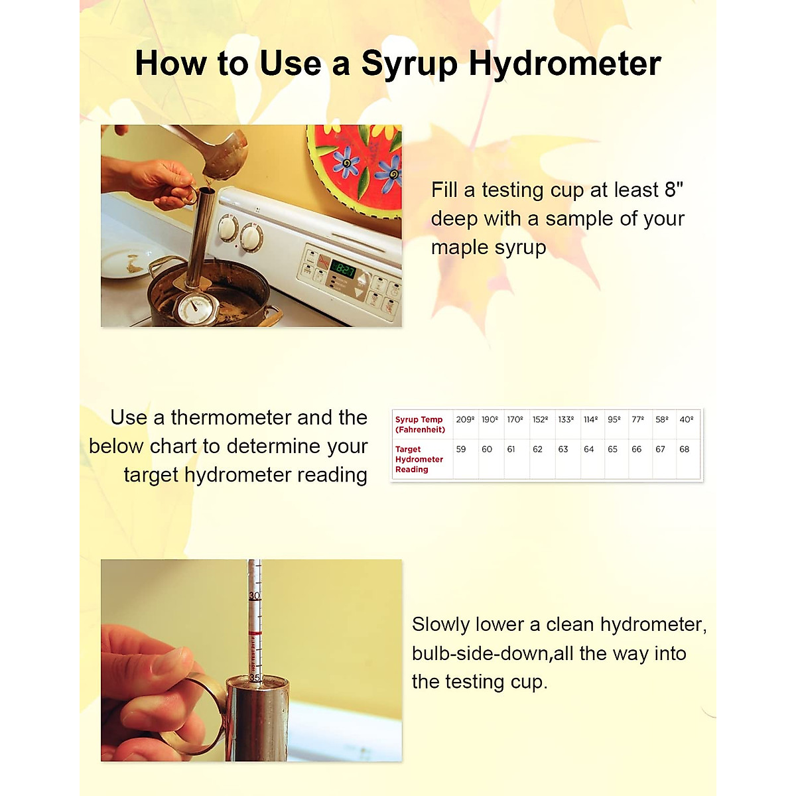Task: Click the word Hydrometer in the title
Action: click(564, 64)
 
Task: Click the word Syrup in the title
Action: click(409, 64)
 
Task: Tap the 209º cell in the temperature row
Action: click(465, 420)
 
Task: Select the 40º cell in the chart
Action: click(687, 420)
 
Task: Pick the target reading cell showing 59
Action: click(461, 450)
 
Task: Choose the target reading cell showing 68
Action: click(684, 450)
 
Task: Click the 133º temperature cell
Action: click(566, 420)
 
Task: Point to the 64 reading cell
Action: click(588, 450)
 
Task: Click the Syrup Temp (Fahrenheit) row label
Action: click(420, 425)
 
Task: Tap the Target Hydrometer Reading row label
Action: click(419, 459)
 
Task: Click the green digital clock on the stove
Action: click(344, 269)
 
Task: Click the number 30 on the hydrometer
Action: click(254, 596)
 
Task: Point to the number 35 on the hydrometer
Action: click(255, 678)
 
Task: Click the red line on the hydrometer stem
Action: click(255, 635)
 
